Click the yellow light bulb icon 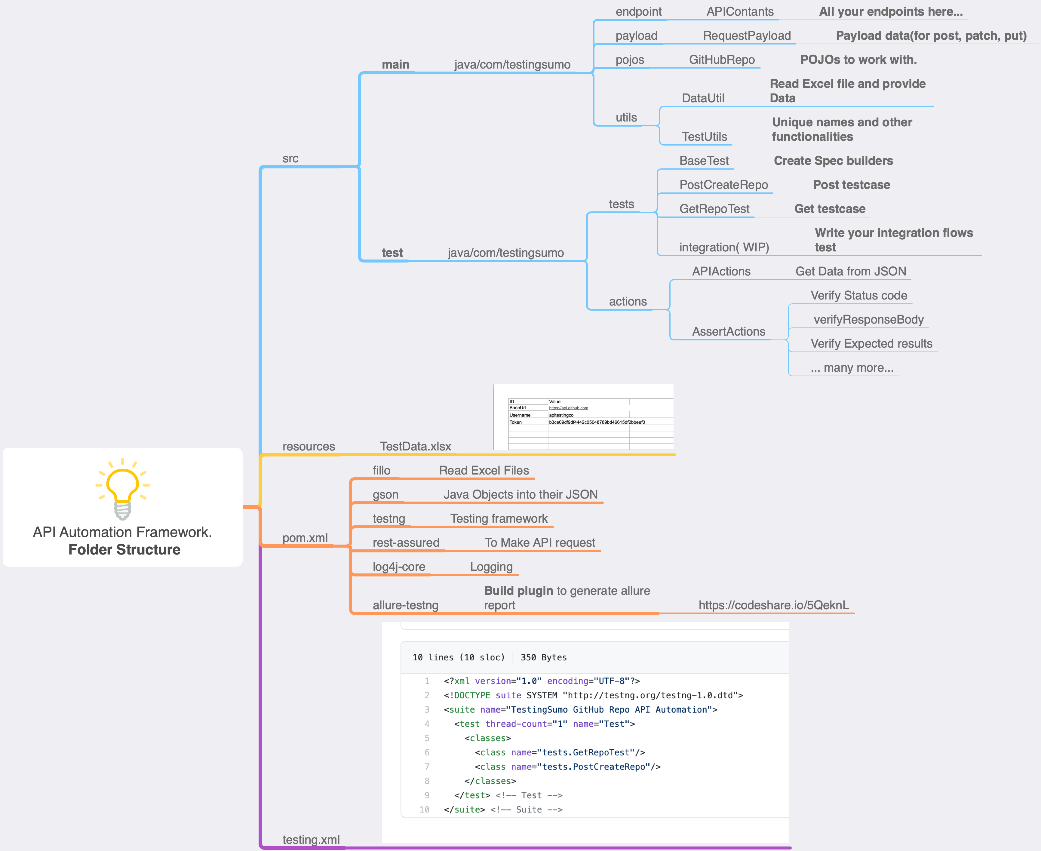coord(122,488)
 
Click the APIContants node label coord(740,12)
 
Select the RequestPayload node coord(746,36)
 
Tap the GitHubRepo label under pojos coord(721,60)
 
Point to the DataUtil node coord(703,98)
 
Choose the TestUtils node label coord(704,137)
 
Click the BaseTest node coord(704,161)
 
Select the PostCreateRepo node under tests coord(723,185)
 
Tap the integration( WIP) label coord(724,247)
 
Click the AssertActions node coord(728,332)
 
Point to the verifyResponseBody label coord(868,320)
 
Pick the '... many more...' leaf coord(852,368)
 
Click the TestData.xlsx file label coord(415,447)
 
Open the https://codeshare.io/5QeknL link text coord(773,605)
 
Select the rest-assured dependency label coord(406,543)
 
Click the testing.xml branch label coord(311,840)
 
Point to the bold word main coord(395,65)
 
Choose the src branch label coord(290,159)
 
